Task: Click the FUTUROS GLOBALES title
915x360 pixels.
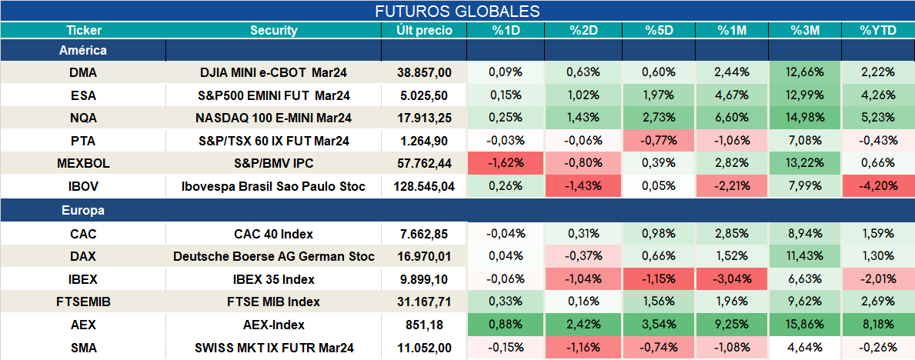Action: click(x=457, y=11)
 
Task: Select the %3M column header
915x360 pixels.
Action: click(x=805, y=31)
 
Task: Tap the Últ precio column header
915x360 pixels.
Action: click(x=424, y=31)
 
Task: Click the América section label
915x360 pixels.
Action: click(x=83, y=51)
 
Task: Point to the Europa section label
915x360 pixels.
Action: click(x=83, y=211)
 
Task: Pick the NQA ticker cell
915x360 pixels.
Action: click(x=83, y=118)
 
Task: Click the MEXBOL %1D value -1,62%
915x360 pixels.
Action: click(x=506, y=164)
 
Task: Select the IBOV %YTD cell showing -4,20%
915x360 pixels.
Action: click(x=878, y=187)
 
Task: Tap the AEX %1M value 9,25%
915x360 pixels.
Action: click(x=731, y=325)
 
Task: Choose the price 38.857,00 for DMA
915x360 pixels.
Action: click(x=424, y=72)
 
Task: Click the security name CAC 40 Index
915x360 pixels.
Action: click(x=273, y=234)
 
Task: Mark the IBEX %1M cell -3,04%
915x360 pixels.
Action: click(x=731, y=279)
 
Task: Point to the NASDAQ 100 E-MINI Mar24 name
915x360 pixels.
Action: click(x=273, y=118)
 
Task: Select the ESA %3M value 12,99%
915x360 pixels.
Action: click(x=805, y=95)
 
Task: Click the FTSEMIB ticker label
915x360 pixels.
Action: click(x=83, y=302)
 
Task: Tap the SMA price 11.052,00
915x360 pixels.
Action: click(x=424, y=348)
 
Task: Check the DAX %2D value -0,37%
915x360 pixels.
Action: click(x=583, y=256)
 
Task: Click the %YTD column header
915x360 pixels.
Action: click(x=878, y=31)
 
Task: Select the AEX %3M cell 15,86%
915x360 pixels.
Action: click(x=805, y=325)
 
